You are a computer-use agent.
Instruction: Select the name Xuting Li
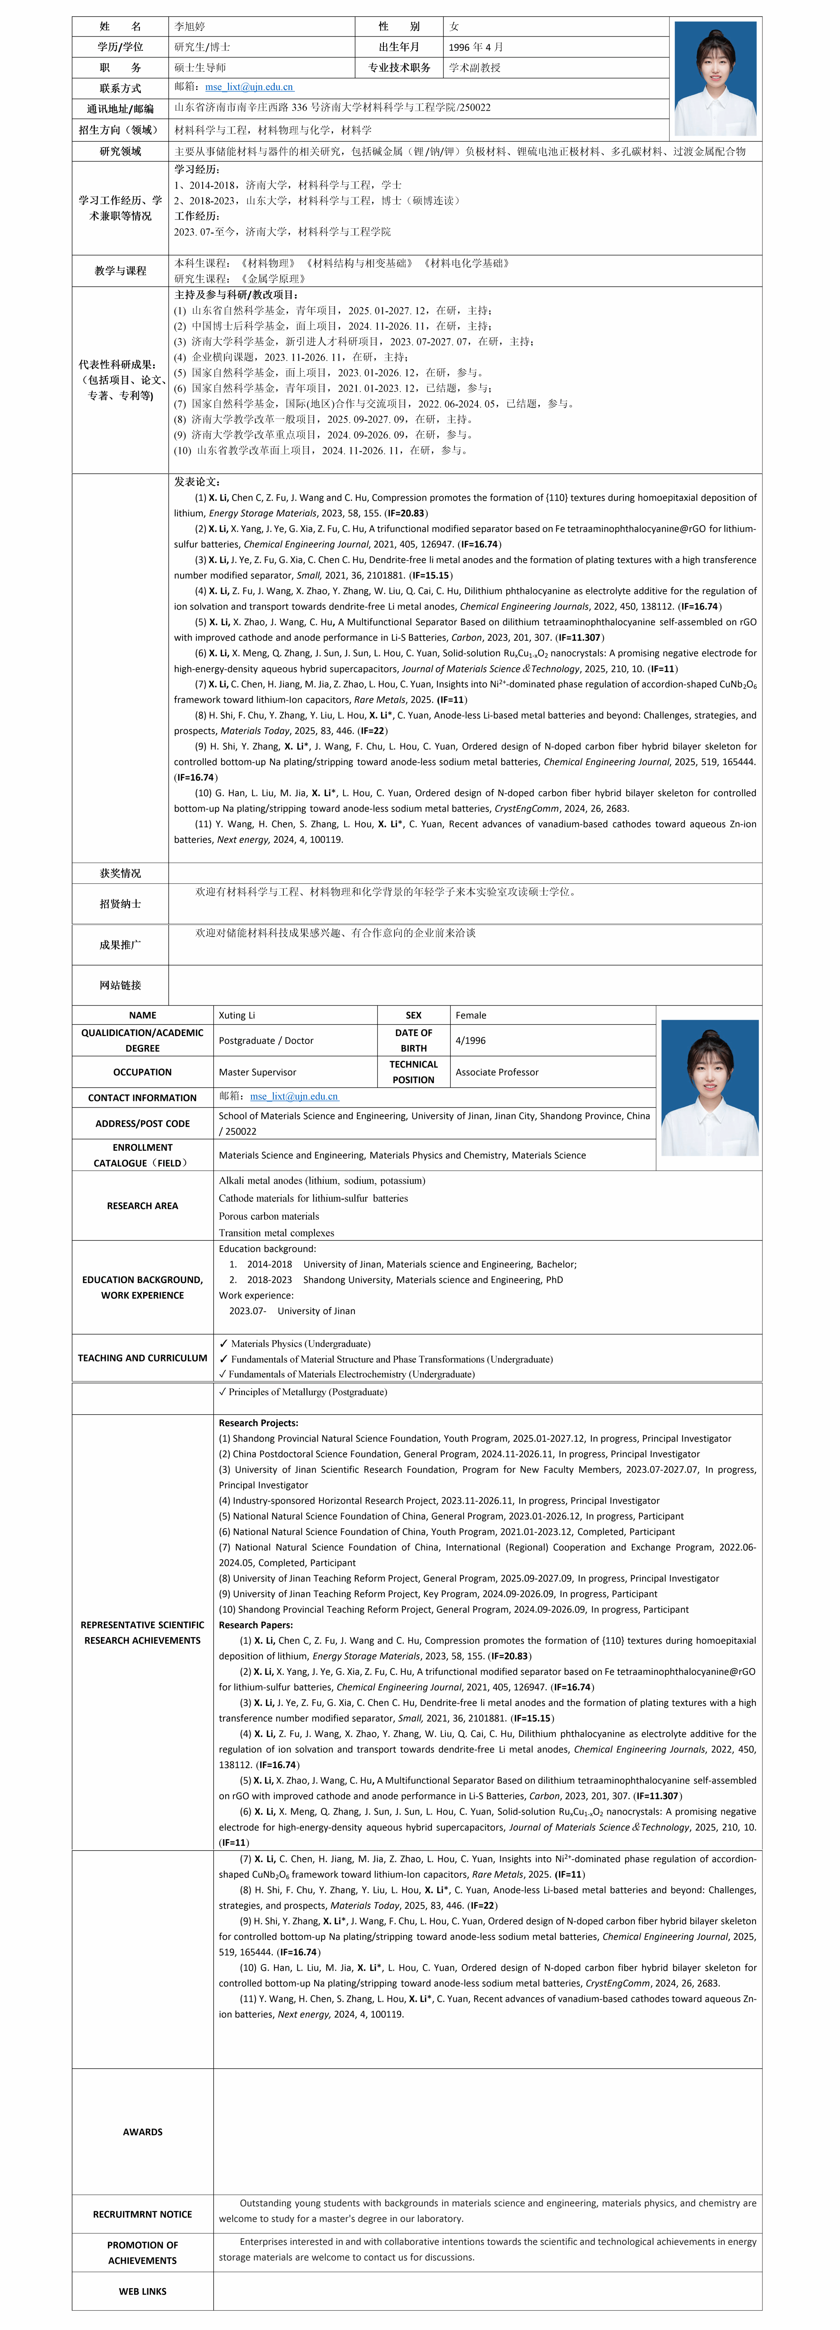237,1015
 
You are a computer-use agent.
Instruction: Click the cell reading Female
471,1015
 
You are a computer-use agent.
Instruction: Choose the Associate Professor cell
497,1072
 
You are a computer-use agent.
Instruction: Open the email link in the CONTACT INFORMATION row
294,1096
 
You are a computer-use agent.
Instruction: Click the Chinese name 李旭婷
190,26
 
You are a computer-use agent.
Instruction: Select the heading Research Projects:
258,1423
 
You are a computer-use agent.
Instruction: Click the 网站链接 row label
121,985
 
